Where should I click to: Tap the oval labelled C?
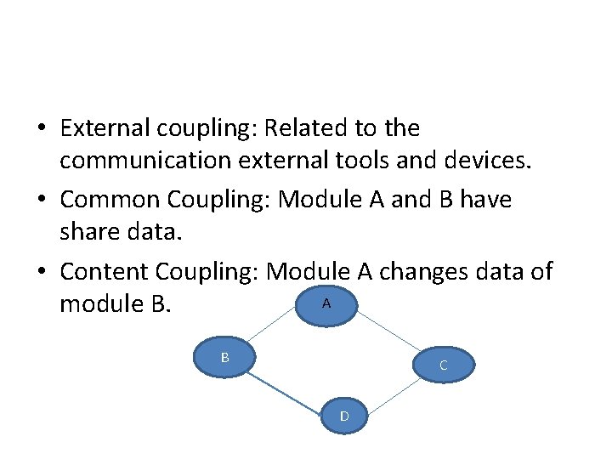pyautogui.click(x=443, y=366)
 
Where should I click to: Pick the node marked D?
pyautogui.click(x=343, y=416)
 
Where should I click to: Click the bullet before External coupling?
pyautogui.click(x=42, y=129)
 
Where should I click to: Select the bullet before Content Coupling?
pyautogui.click(x=42, y=272)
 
